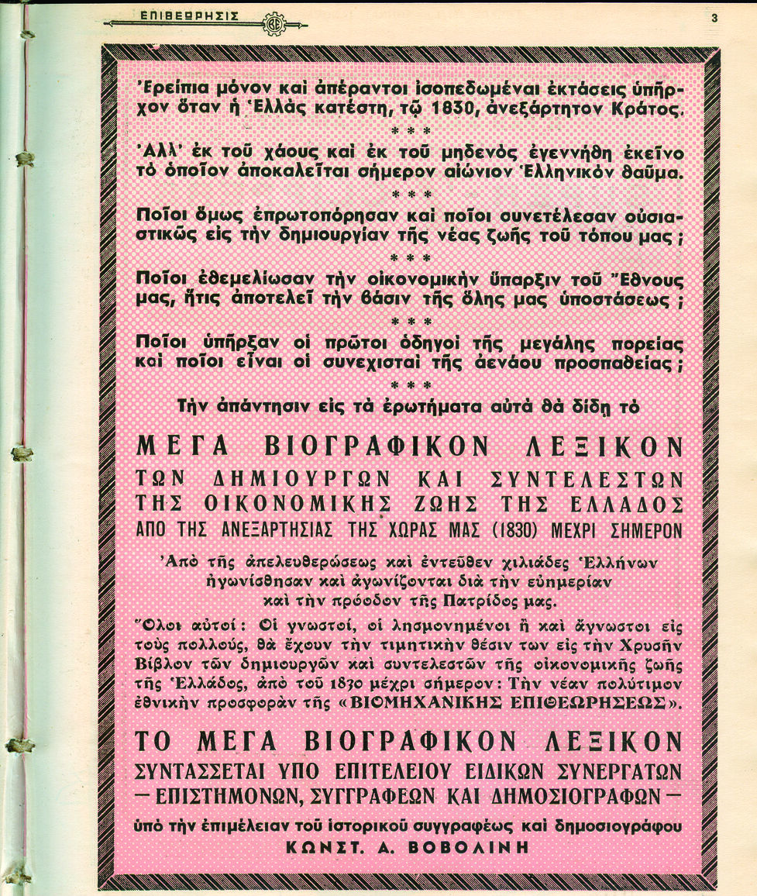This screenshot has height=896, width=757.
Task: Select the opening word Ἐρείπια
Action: point(170,89)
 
